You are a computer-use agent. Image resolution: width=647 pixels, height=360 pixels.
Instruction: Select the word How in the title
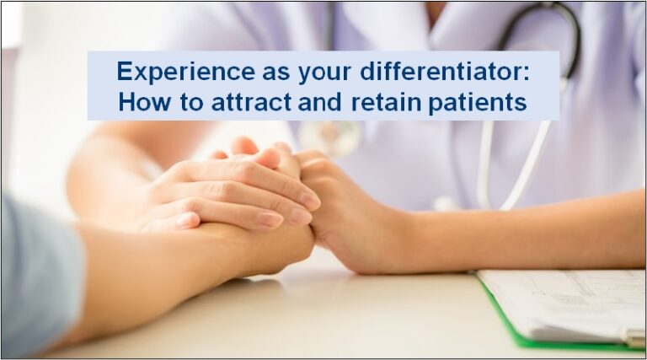139,103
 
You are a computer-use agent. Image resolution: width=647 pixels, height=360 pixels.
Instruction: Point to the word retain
393,103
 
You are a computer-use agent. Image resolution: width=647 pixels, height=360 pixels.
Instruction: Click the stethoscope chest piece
329,134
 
